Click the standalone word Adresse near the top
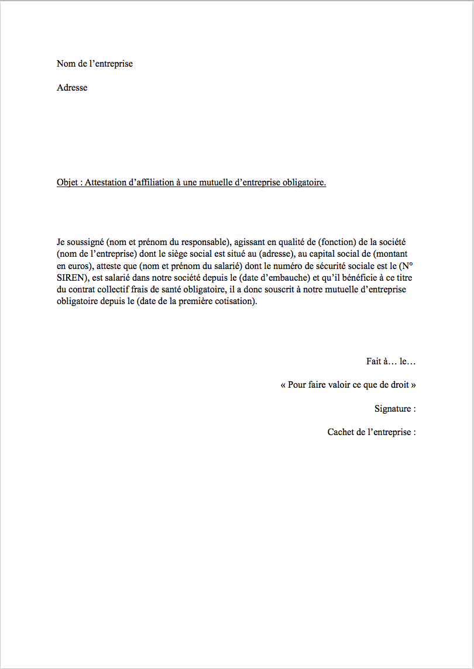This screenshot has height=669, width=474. pyautogui.click(x=72, y=88)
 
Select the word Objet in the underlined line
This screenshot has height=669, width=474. pyautogui.click(x=68, y=182)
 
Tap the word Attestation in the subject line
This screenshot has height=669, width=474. pyautogui.click(x=106, y=182)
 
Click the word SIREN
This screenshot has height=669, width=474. pyautogui.click(x=71, y=277)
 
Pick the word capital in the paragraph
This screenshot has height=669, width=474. pyautogui.click(x=321, y=254)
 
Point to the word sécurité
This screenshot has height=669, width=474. pyautogui.click(x=312, y=265)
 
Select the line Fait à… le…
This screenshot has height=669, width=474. pyautogui.click(x=391, y=361)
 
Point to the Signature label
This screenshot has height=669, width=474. pyautogui.click(x=393, y=409)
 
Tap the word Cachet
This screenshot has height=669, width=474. pyautogui.click(x=341, y=432)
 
